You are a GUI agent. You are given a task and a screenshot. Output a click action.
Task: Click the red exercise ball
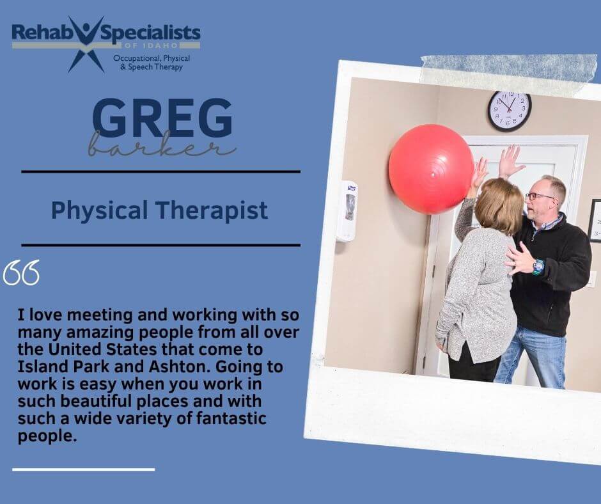(431, 169)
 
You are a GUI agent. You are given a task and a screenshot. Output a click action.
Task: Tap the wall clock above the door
(510, 111)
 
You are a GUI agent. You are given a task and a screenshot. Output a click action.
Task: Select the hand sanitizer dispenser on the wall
(347, 210)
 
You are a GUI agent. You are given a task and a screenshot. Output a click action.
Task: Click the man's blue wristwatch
(538, 266)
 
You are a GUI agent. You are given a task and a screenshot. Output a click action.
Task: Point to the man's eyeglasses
(539, 196)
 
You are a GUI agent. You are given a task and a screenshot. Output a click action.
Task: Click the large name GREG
(162, 118)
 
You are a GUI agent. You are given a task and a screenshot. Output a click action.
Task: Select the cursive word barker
(162, 145)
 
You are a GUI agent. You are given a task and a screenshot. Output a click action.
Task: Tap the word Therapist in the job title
(212, 211)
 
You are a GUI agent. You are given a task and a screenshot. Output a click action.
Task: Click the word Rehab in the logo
(37, 33)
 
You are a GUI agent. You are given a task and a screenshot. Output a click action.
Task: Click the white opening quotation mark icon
(21, 272)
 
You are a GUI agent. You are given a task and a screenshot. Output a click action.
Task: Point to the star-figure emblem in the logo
(86, 45)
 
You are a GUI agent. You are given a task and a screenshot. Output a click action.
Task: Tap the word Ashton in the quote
(179, 366)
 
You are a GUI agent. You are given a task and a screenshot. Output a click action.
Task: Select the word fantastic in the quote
(231, 418)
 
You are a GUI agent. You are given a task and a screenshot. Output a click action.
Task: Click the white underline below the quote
(84, 469)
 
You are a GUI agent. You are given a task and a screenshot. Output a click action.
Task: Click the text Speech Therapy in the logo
(155, 67)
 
